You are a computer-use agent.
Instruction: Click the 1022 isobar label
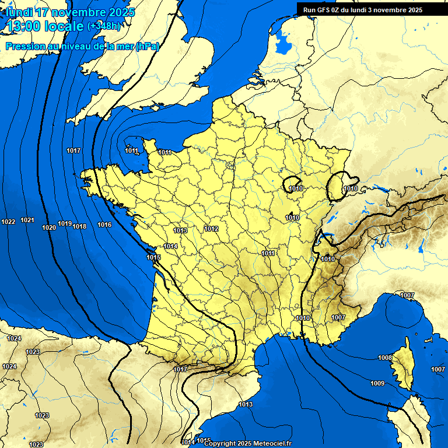click(8, 222)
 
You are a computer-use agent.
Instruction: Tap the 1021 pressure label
click(27, 220)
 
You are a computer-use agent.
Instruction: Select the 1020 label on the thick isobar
click(50, 228)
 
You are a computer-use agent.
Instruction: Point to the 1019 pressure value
click(65, 224)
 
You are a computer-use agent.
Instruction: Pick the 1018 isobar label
click(79, 226)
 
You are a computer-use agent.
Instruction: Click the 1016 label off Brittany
click(104, 225)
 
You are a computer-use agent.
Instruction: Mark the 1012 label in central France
click(211, 229)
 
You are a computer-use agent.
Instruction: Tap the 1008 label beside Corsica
click(385, 358)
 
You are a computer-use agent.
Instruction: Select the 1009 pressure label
click(377, 383)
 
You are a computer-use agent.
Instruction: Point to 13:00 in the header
click(23, 26)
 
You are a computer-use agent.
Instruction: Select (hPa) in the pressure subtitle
click(147, 47)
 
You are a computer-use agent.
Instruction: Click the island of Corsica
click(401, 365)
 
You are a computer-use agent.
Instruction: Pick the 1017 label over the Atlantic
click(73, 151)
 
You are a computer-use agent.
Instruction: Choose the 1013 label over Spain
click(246, 404)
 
